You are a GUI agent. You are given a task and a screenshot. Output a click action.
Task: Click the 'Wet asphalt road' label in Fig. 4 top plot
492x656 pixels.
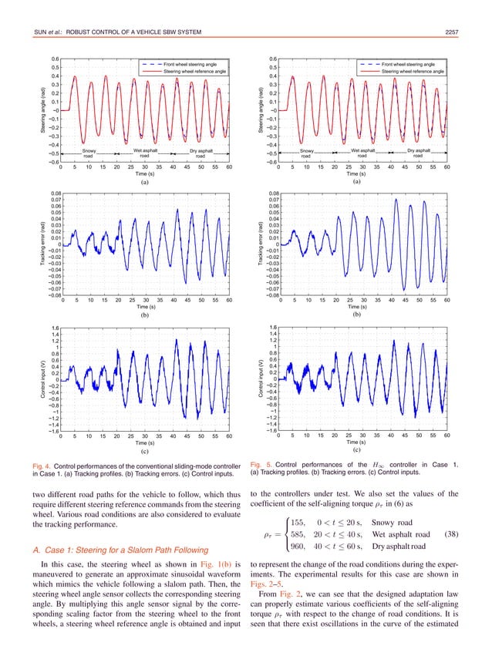[x=146, y=153]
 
